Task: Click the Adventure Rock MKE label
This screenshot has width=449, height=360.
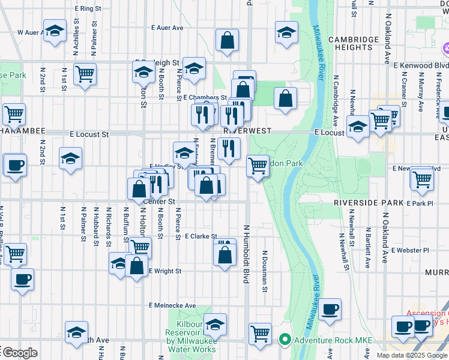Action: (x=333, y=341)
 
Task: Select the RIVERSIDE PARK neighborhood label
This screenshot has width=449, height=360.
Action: (x=369, y=203)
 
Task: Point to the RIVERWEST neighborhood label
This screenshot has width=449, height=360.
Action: (x=248, y=130)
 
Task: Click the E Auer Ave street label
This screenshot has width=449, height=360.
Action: (x=167, y=28)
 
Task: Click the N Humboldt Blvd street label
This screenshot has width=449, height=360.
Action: (x=246, y=254)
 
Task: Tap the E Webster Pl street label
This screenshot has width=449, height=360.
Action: (x=410, y=250)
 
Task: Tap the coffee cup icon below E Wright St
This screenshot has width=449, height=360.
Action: (x=23, y=279)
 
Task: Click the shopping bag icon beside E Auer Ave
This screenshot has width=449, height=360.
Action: (x=228, y=41)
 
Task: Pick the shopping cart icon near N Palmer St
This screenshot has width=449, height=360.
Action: (x=85, y=74)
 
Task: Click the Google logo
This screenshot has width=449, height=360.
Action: (x=19, y=353)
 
